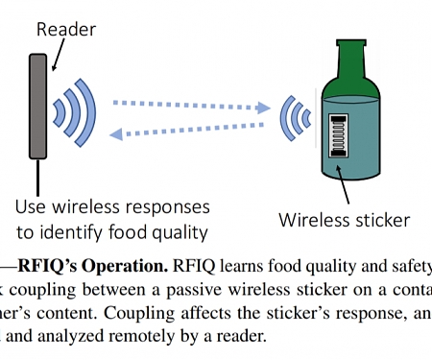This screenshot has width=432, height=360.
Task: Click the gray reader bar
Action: (38, 106)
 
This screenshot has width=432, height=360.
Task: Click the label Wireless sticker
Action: (344, 220)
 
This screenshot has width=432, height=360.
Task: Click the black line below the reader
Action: (38, 177)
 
